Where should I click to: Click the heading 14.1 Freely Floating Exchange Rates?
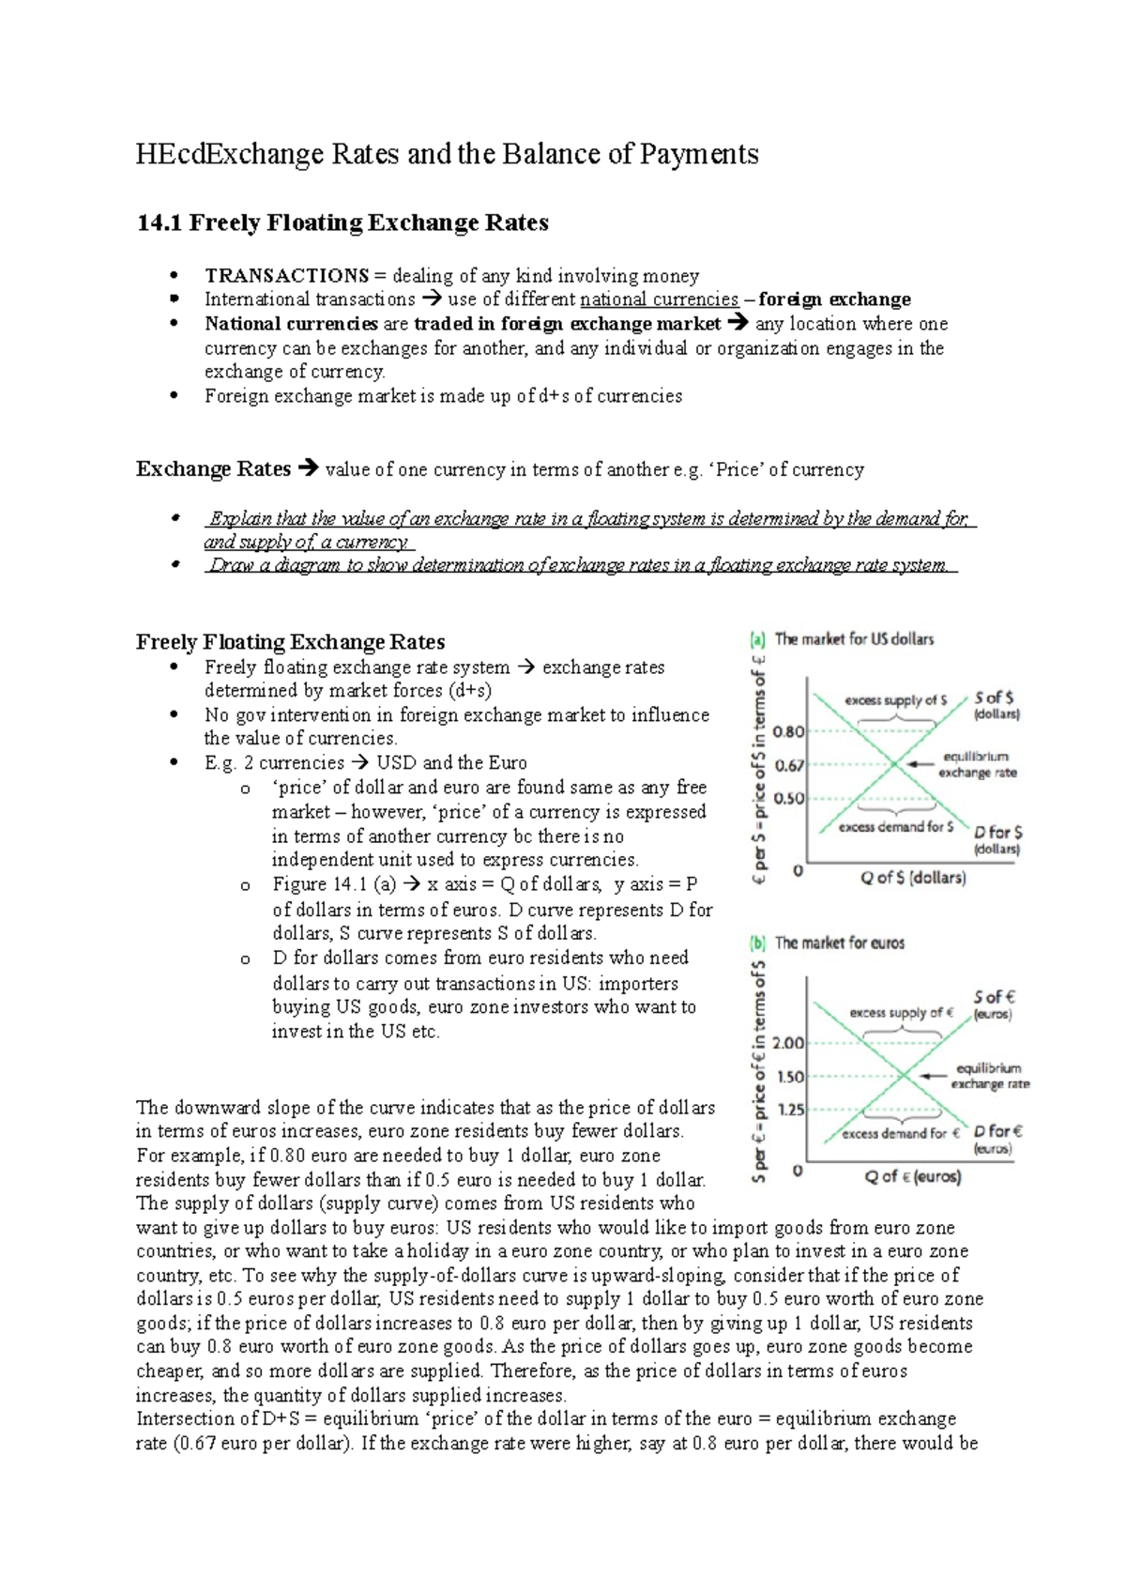tap(342, 222)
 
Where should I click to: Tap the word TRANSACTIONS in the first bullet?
tap(287, 276)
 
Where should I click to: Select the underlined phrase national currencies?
tap(660, 299)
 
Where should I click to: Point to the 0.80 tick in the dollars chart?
tap(789, 731)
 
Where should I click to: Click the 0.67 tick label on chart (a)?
tap(789, 765)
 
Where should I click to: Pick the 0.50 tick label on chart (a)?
tap(789, 798)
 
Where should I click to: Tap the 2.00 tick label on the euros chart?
tap(788, 1043)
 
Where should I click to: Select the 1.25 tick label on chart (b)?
tap(791, 1110)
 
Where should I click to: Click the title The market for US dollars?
tap(853, 639)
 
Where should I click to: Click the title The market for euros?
tap(839, 943)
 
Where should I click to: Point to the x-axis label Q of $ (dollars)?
tap(913, 878)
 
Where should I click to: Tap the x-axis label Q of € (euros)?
tap(913, 1176)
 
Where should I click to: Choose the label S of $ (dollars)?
tap(995, 705)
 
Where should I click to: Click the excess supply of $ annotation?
tap(895, 700)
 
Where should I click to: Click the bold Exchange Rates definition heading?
tap(213, 469)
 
